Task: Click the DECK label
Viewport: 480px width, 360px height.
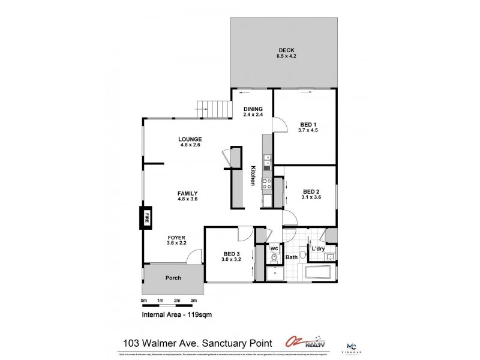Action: pos(286,50)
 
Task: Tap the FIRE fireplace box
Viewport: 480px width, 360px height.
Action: pos(145,218)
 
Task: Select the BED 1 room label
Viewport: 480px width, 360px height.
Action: pos(306,125)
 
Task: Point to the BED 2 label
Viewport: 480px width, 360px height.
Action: pos(312,192)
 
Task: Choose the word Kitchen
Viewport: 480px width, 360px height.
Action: pos(254,175)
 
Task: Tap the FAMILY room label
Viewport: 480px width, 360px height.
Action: pos(188,193)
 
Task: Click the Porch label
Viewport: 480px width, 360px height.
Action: pos(173,278)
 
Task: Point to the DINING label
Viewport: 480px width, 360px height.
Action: pos(253,109)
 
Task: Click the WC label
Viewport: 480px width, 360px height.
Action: pos(274,247)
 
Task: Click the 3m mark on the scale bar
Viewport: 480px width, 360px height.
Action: pos(194,300)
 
